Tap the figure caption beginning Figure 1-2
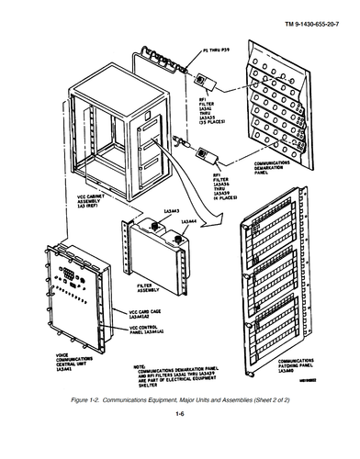pyautogui.click(x=180, y=402)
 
